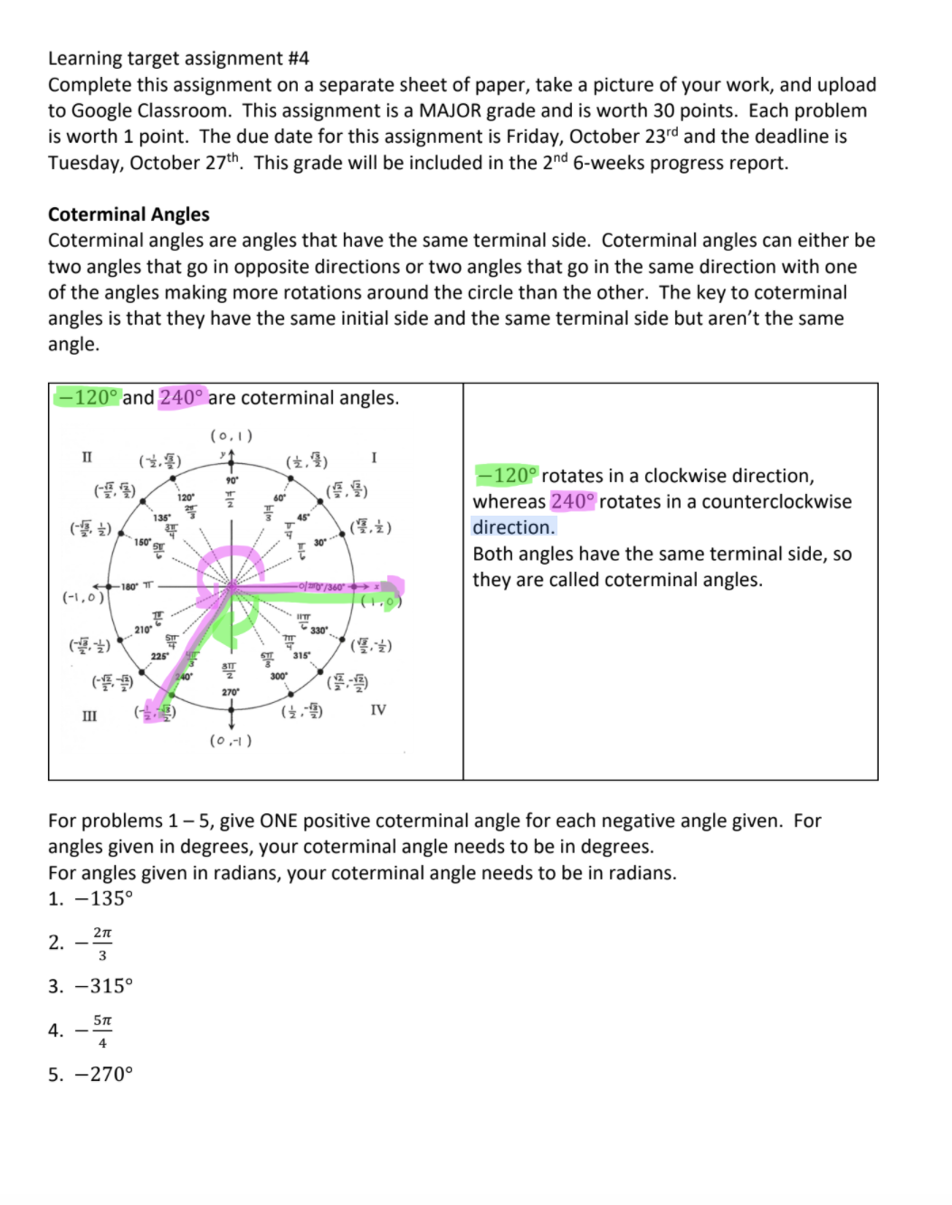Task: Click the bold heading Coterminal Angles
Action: [x=129, y=214]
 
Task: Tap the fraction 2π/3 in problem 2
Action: [x=102, y=943]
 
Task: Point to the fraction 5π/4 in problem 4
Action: [x=102, y=1030]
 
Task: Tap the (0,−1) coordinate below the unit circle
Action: [x=231, y=741]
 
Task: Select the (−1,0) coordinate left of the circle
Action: [x=82, y=598]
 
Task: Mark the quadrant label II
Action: [x=88, y=457]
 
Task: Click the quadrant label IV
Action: [x=378, y=710]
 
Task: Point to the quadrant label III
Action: [x=90, y=716]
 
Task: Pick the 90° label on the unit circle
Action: [x=231, y=479]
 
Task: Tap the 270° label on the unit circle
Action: [x=231, y=692]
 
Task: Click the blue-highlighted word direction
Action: [x=513, y=527]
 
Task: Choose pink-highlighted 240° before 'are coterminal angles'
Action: [x=182, y=398]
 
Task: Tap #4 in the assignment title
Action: [x=297, y=59]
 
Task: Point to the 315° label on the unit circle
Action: [x=300, y=656]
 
